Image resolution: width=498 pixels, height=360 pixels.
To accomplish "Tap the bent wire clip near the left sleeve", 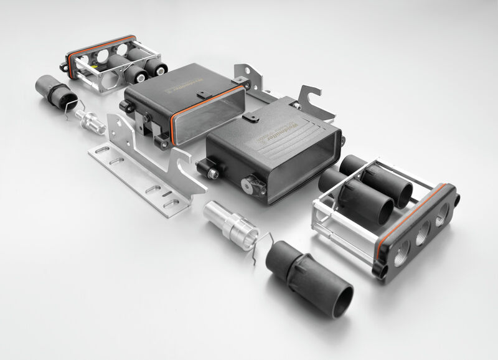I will tap(76, 113).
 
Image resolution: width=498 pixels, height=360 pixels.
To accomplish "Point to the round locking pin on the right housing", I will tap(251, 185).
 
